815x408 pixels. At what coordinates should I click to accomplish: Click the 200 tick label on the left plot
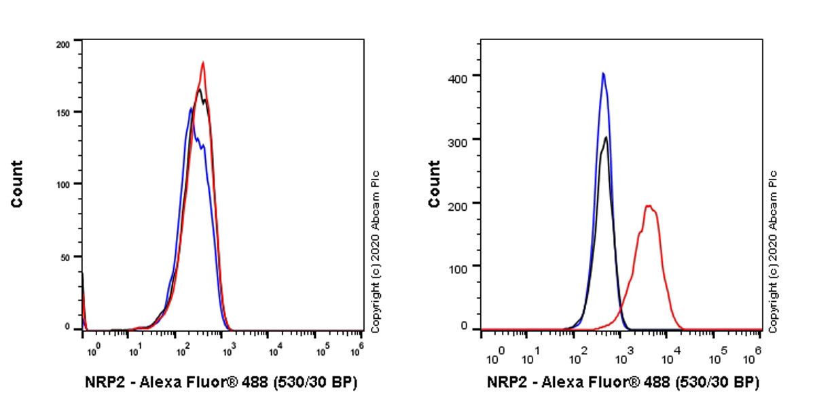63,44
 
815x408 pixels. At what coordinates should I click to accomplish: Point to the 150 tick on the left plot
63,112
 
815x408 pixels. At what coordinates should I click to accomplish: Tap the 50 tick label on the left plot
66,256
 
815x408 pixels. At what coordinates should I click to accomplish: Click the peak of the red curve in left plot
203,63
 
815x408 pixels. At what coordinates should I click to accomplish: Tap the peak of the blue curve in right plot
602,73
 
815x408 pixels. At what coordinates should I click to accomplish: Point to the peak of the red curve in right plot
649,205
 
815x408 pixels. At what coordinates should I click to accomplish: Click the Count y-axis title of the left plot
17,184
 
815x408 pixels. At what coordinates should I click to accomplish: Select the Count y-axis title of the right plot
433,184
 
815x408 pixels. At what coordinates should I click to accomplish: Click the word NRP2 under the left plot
105,382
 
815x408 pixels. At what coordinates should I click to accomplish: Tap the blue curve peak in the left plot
192,107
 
